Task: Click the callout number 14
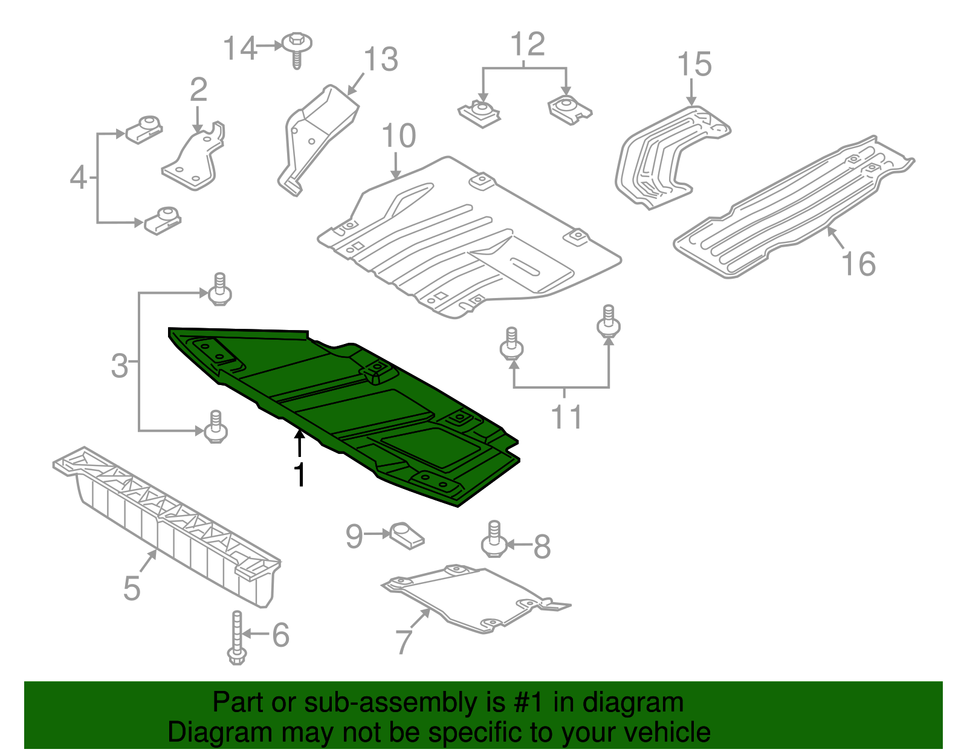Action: [240, 48]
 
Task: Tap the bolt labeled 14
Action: [297, 49]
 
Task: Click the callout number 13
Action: [381, 59]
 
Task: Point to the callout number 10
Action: [399, 135]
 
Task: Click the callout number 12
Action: [527, 44]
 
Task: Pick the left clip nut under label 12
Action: [480, 114]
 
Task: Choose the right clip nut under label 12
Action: [569, 109]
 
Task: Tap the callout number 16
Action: [858, 264]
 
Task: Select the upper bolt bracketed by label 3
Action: [220, 290]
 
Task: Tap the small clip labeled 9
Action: [408, 535]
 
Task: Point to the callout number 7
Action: [404, 641]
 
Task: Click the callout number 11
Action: [566, 416]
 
